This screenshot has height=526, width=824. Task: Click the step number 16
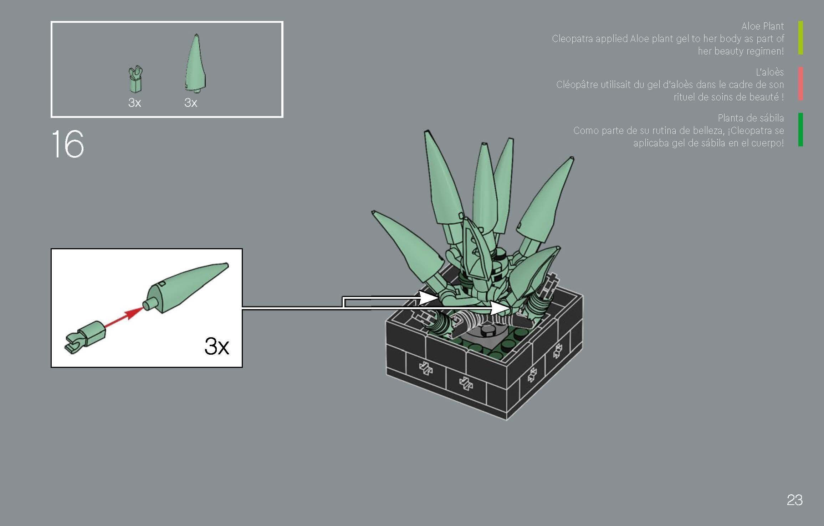pyautogui.click(x=68, y=144)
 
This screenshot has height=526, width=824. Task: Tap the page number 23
pyautogui.click(x=794, y=500)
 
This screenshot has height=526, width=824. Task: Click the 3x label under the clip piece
pyautogui.click(x=134, y=103)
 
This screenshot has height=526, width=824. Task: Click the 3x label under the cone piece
pyautogui.click(x=191, y=103)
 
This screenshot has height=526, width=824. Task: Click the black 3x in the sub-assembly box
pyautogui.click(x=216, y=346)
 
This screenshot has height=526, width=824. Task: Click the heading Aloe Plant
pyautogui.click(x=762, y=26)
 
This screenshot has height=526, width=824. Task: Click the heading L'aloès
pyautogui.click(x=769, y=72)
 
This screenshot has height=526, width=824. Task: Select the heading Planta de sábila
pyautogui.click(x=751, y=118)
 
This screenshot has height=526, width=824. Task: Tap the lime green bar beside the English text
pyautogui.click(x=800, y=38)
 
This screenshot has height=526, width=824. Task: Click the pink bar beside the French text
pyautogui.click(x=800, y=84)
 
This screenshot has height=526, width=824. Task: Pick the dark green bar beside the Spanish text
pyautogui.click(x=800, y=130)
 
